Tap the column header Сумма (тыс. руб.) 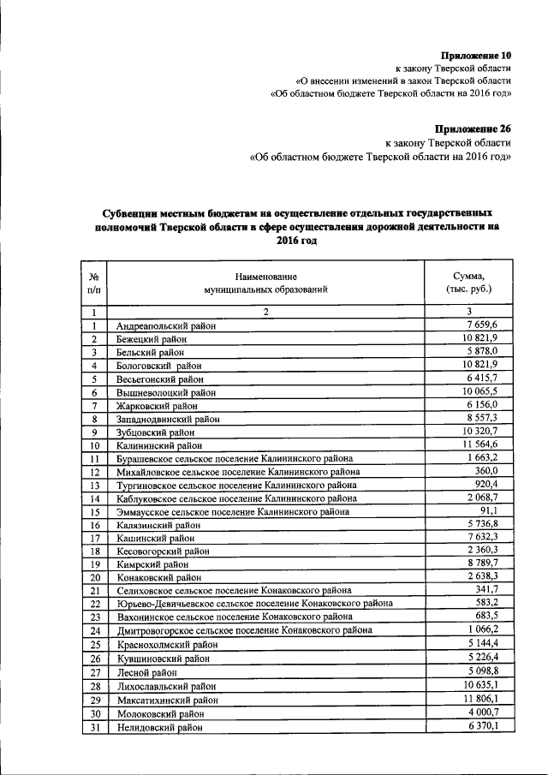(x=468, y=283)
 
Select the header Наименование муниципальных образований (x=266, y=283)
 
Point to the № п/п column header (x=94, y=283)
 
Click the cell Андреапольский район (x=166, y=326)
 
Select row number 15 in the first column (x=95, y=512)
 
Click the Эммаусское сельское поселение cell (x=232, y=512)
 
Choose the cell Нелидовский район (x=160, y=728)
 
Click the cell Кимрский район (x=153, y=565)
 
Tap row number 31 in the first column (x=95, y=728)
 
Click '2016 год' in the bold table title (x=296, y=241)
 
